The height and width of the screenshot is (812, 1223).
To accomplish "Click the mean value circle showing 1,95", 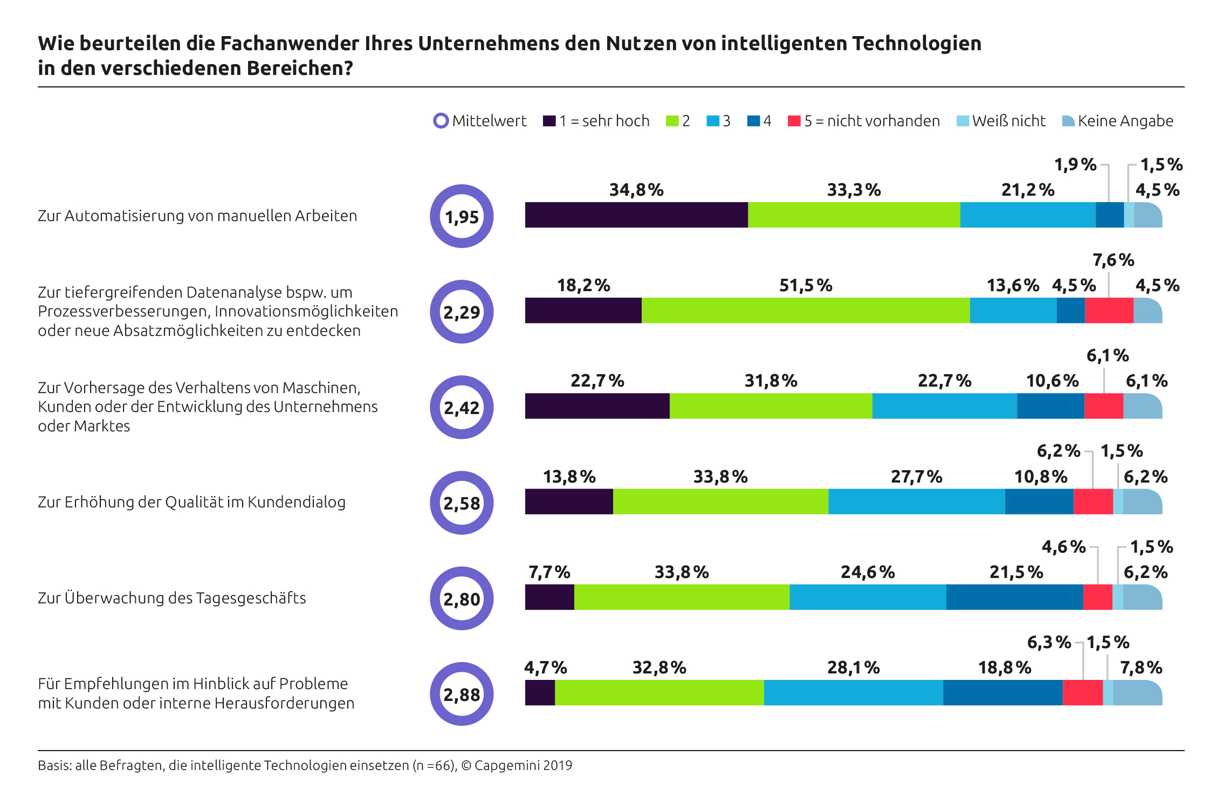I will coord(462,217).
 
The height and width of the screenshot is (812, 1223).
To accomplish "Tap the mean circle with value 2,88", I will coord(462,694).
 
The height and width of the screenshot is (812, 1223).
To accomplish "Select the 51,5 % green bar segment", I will coord(806,311).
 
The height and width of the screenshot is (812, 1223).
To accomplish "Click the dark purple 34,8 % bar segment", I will coord(636,215).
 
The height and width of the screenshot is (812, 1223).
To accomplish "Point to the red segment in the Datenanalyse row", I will coord(1109,311).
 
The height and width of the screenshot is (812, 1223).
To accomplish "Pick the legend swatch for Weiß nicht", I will coord(962,121).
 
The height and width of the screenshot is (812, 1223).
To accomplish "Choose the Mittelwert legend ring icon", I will coord(441,121).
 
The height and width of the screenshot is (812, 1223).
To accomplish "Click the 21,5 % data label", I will coord(1016,572).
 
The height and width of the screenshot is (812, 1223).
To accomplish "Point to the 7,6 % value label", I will coord(1113,260).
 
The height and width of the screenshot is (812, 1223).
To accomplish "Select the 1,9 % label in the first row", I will coord(1075,164).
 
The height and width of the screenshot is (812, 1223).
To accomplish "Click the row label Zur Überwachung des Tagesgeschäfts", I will coord(172,598).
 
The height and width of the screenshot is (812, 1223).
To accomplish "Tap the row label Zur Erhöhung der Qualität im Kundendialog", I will coord(191,502).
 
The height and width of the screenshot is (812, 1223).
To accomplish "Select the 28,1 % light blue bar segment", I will coord(853,693).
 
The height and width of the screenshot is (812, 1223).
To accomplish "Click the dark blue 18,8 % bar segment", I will coord(1003,693).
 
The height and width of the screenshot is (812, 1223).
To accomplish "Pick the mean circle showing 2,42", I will coord(462,408).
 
